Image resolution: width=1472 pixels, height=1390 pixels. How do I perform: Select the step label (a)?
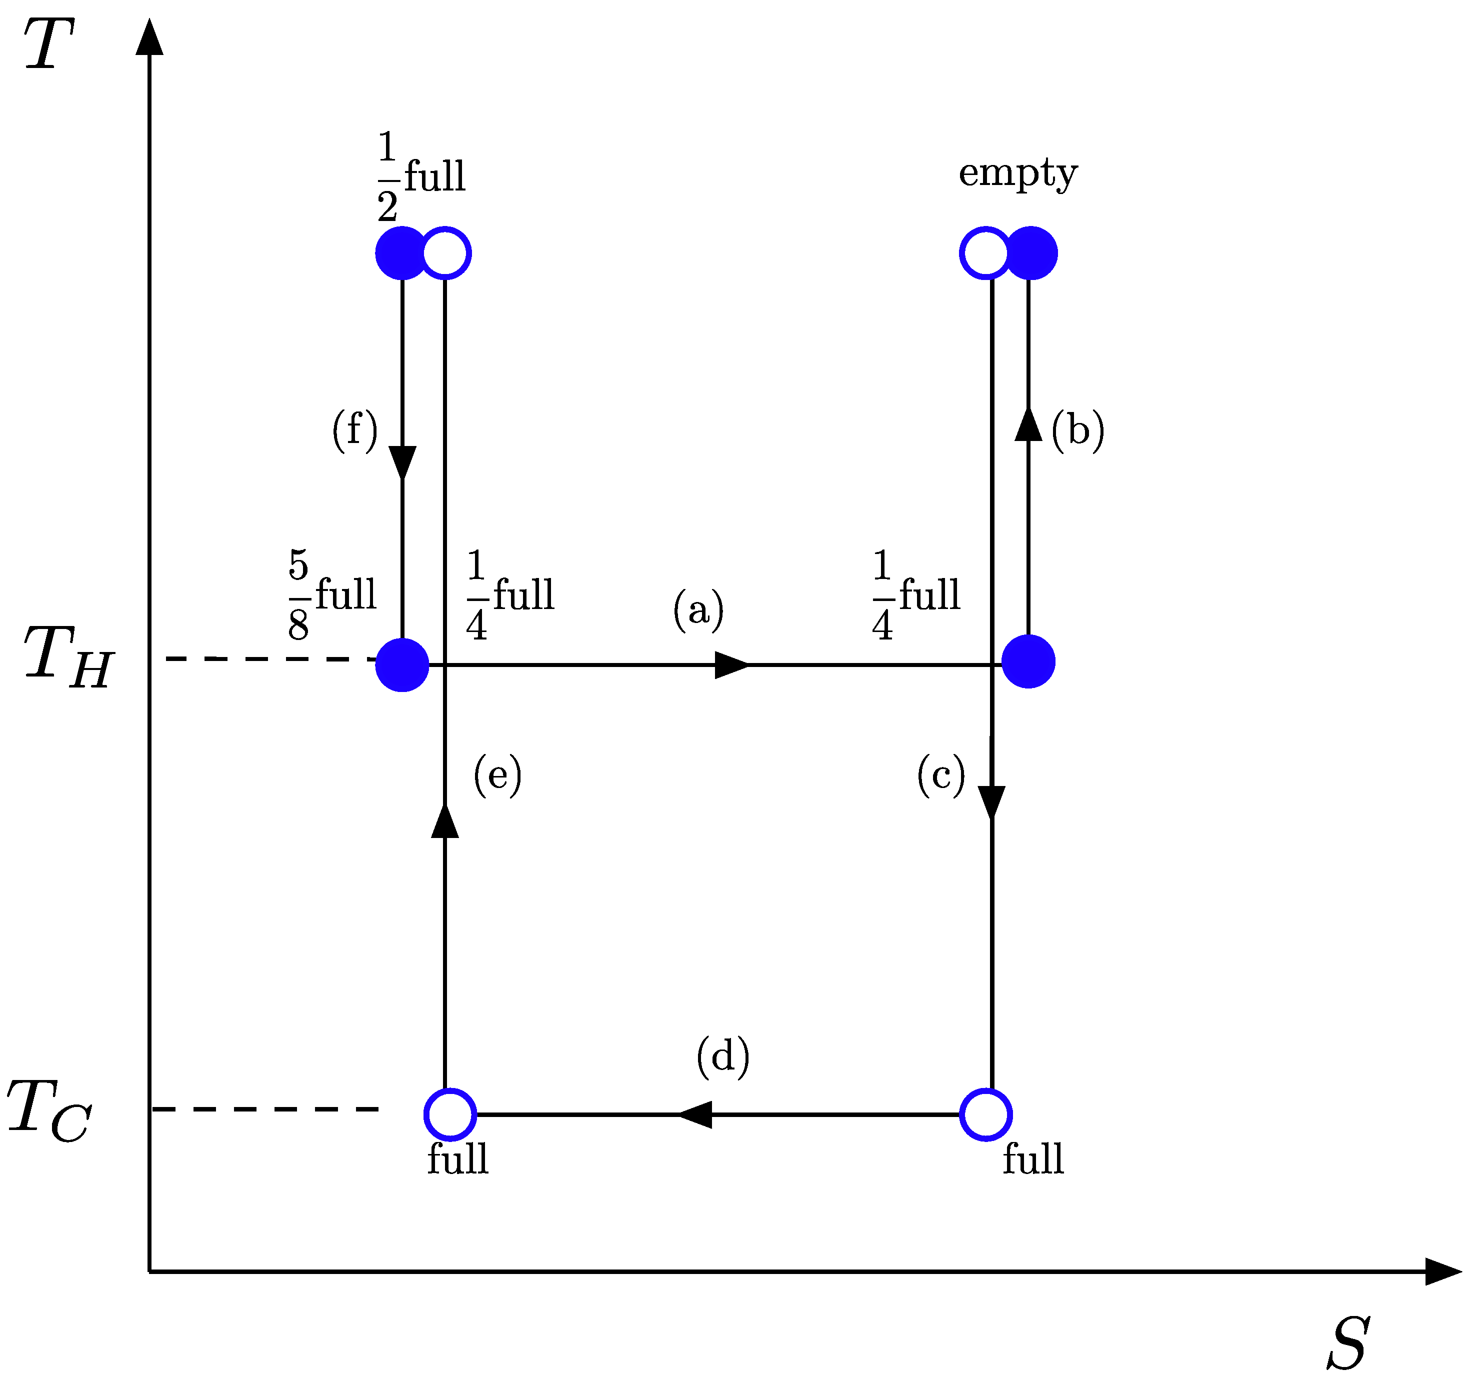698,610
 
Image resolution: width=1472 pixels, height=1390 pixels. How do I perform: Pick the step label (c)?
941,775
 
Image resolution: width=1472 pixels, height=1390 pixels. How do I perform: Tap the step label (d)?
723,1056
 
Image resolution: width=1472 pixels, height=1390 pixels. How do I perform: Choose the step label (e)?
497,775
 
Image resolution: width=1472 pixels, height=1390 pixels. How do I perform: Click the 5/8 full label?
332,595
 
